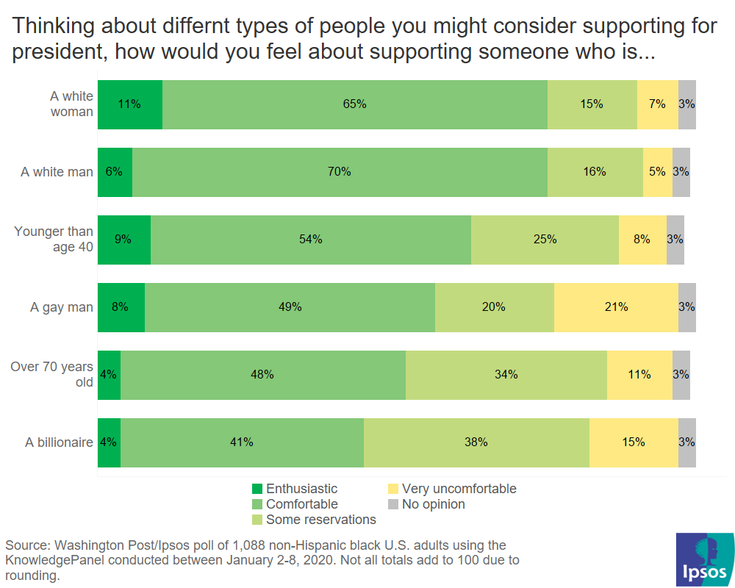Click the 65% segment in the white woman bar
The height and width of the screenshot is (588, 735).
tap(354, 104)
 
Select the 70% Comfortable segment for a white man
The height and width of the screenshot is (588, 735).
tap(340, 172)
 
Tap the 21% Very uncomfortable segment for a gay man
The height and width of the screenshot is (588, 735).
tap(616, 307)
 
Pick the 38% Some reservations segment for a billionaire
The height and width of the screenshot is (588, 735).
tap(476, 442)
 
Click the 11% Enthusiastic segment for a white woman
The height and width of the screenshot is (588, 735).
tap(130, 104)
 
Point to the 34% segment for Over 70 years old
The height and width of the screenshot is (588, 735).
tap(506, 375)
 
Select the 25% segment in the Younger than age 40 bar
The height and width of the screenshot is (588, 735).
tap(545, 240)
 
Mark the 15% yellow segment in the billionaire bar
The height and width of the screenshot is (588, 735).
tap(634, 442)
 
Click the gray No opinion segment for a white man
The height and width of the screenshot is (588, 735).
tap(681, 172)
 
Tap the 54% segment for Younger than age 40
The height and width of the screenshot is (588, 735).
tap(310, 240)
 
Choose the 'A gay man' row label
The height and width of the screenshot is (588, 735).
tap(62, 307)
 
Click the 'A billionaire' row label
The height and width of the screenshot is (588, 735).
tap(59, 442)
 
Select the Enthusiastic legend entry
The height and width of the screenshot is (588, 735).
tap(294, 489)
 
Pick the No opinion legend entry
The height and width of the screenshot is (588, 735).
tap(426, 504)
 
